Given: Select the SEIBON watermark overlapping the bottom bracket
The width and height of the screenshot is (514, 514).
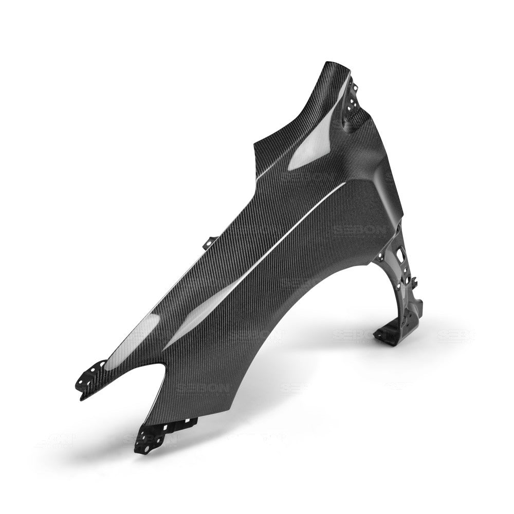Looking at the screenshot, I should click(149, 438).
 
